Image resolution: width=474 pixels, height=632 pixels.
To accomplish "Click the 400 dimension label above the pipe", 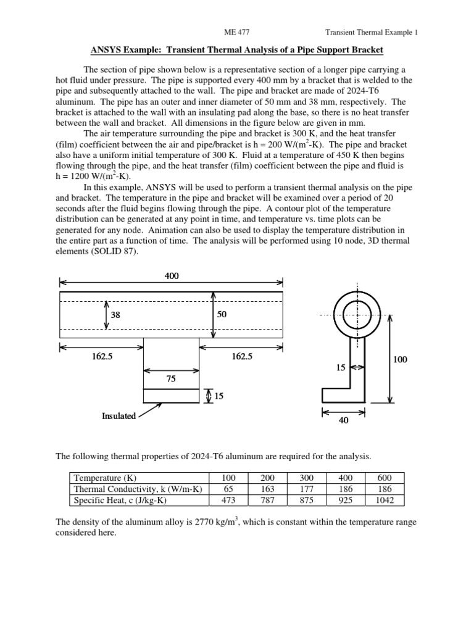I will click(172, 276).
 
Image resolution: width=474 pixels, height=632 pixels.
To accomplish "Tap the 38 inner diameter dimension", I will click(115, 315).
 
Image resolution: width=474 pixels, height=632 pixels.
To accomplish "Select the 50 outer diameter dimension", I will click(222, 315).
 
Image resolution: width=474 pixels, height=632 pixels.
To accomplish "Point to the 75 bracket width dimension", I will click(171, 379).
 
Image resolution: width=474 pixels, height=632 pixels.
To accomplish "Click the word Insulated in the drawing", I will click(118, 416).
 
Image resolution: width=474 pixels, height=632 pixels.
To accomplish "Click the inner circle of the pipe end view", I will click(357, 315).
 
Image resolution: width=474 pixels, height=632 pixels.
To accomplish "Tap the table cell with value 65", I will click(228, 489).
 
